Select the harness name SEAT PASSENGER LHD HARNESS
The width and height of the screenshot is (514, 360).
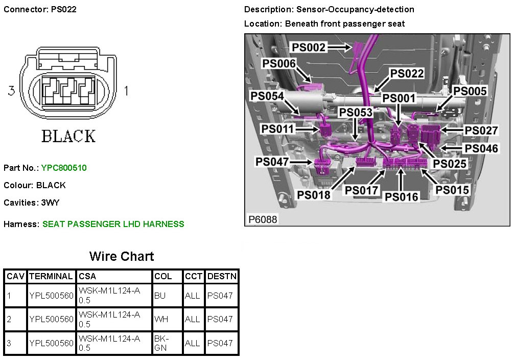coord(113,224)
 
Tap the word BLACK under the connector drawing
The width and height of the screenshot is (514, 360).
coord(68,136)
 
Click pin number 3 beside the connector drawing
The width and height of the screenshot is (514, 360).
coord(12,91)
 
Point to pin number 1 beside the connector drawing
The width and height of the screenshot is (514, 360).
coord(126,91)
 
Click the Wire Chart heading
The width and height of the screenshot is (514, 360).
coord(122,256)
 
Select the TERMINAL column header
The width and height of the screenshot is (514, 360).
coord(51,276)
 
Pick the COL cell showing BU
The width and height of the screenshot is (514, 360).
coord(159,296)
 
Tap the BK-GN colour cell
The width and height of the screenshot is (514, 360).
coord(161,343)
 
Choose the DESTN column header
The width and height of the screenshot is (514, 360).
coord(222,276)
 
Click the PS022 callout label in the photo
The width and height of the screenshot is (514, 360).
coord(407,74)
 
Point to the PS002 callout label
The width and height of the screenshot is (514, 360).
coord(309,48)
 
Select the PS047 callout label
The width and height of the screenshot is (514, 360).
coord(273,162)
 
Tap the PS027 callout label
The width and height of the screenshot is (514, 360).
coord(481,130)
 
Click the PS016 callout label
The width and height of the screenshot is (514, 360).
coord(402,197)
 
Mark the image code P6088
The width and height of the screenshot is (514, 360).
coord(263,219)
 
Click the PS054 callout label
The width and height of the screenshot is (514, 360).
coord(267,96)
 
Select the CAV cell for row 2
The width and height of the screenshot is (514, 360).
coord(9,319)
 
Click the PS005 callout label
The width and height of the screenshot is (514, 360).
coord(470,91)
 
